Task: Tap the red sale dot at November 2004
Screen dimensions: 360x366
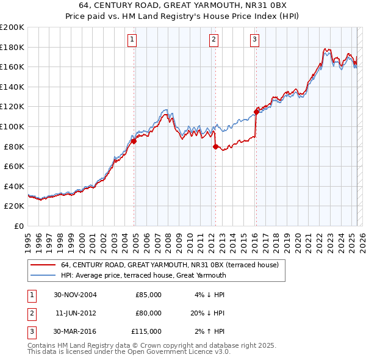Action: point(134,142)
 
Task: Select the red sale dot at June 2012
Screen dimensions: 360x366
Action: point(215,146)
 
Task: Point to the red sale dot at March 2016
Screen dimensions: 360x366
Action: point(256,112)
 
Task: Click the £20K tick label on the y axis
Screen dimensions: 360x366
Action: point(14,206)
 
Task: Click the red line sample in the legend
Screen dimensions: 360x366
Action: point(43,265)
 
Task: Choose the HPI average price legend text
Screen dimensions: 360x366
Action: point(143,275)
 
